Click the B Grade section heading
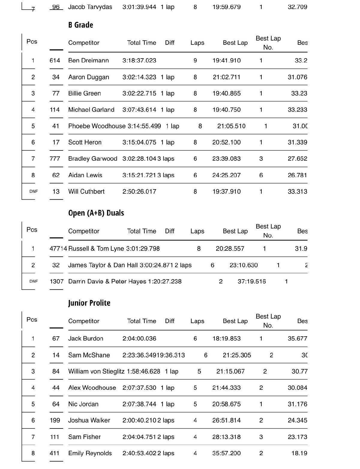pos(80,25)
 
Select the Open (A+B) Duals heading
pos(96,213)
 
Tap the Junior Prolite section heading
pos(89,303)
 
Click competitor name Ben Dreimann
pos(88,60)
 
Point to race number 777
pos(55,159)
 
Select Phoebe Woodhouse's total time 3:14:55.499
pos(144,126)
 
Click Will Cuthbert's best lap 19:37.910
pos(226,192)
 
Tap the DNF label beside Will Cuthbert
pos(34,192)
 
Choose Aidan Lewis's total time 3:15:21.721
pos(139,175)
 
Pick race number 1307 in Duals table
pos(57,282)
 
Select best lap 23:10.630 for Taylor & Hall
pos(244,265)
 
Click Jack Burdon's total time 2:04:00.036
pos(139,339)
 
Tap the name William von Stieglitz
pos(96,371)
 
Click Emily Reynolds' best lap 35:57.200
pos(226,453)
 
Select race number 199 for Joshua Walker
pos(55,420)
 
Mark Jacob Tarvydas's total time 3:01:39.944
pos(139,7)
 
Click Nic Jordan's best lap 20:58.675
pos(226,404)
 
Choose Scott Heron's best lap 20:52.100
pos(226,142)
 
